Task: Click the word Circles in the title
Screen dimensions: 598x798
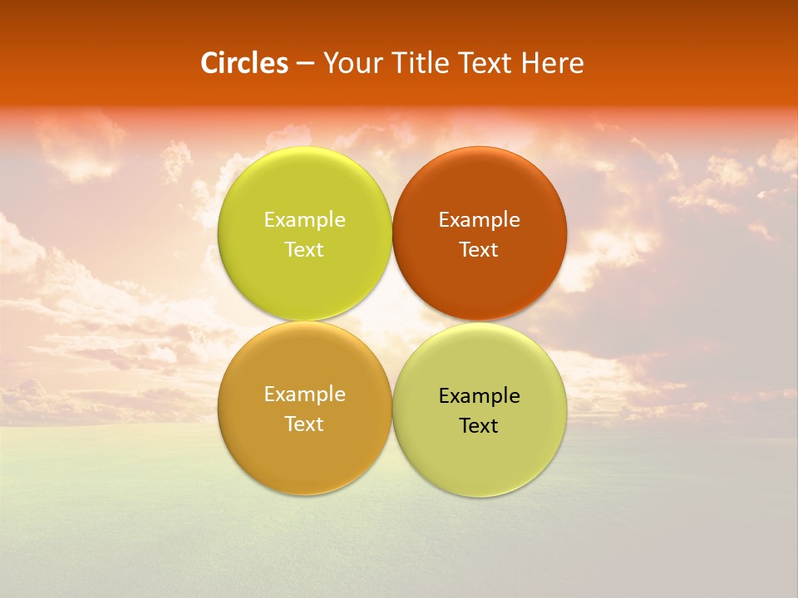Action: (244, 63)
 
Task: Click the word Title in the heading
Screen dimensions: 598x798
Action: (421, 63)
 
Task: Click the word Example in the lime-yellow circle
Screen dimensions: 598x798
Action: (304, 220)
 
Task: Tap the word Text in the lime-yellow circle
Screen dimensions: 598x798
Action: (304, 250)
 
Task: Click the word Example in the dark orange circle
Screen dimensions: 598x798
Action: (479, 220)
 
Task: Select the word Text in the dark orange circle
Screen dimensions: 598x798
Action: (479, 250)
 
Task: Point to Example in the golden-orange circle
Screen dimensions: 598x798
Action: (304, 395)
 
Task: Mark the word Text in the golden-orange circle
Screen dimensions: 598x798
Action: (304, 424)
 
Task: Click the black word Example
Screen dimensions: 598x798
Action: (479, 396)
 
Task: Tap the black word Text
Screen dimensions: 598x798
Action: (479, 426)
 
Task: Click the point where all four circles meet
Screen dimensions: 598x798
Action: (392, 321)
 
